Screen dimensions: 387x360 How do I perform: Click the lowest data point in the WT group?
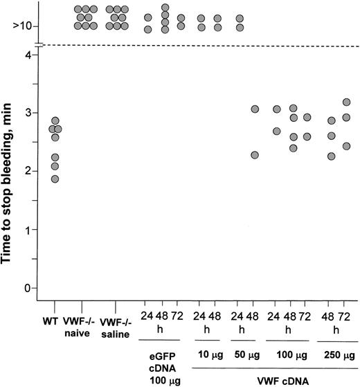pos(55,179)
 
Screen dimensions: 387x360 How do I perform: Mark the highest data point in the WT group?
pos(55,121)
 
